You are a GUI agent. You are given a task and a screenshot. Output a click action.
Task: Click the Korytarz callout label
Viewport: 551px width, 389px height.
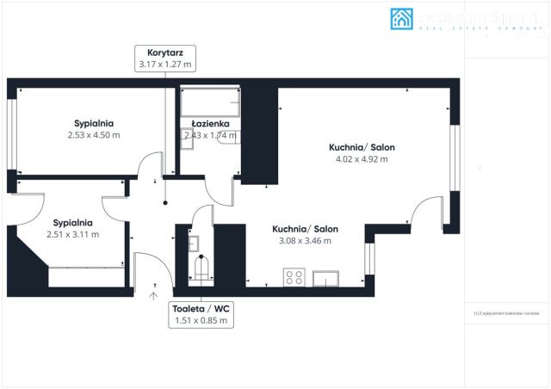coord(164,58)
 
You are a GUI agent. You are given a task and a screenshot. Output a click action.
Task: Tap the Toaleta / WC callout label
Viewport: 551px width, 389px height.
coord(201,314)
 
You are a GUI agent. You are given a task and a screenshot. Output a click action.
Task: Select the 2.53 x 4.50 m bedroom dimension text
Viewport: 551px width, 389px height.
coord(93,135)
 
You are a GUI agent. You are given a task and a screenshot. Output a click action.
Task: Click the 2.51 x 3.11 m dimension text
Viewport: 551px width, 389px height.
coord(72,234)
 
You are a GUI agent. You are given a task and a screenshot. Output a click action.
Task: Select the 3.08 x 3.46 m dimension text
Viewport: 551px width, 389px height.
coord(305,241)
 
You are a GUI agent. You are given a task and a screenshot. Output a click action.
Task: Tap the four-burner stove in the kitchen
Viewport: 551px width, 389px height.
coord(294,277)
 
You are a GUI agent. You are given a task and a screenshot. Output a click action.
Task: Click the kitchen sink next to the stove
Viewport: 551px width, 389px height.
coord(326,277)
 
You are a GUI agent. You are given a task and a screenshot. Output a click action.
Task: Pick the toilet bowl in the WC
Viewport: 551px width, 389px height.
coord(201,269)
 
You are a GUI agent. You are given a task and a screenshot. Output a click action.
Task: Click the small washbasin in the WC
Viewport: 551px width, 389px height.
coord(194,243)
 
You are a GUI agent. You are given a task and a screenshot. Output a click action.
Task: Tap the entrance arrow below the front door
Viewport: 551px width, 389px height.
coord(153,296)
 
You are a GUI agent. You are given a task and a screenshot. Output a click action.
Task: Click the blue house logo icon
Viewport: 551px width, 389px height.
coord(402,19)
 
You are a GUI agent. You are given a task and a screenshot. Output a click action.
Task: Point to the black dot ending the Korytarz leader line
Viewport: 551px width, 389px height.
coord(164,204)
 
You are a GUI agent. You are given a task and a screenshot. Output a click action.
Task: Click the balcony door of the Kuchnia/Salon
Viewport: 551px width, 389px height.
coord(427,214)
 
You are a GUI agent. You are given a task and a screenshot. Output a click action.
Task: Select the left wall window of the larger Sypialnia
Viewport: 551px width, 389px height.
coord(12,135)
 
